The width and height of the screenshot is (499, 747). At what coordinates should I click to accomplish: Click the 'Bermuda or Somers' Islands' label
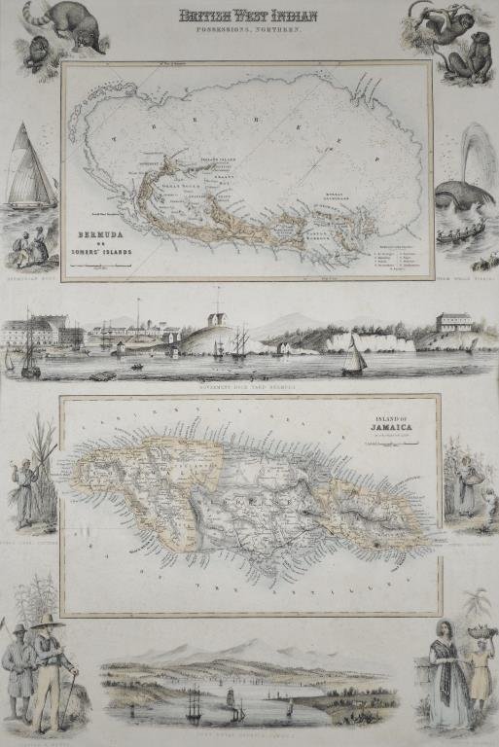point(106,239)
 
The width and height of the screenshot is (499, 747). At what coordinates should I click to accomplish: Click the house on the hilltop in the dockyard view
point(218,320)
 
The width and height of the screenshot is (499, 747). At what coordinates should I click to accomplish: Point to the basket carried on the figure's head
point(476,631)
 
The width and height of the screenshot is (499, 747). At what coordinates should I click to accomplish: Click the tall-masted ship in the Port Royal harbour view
point(194,702)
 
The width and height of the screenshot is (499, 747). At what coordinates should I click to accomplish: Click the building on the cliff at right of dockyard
point(452,323)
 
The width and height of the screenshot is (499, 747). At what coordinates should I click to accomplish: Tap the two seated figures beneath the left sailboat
point(29,247)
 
